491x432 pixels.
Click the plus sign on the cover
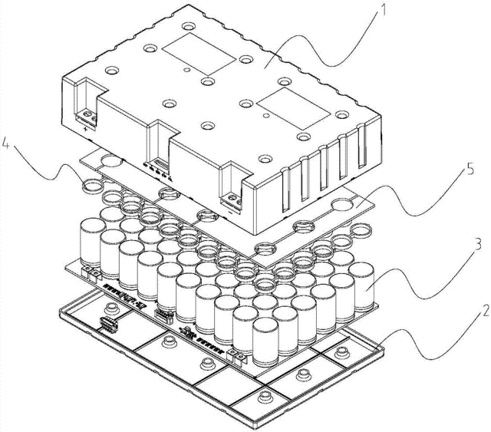pos(85,130)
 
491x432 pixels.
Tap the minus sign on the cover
pos(230,212)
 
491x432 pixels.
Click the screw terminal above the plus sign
pos(90,117)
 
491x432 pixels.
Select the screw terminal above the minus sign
pos(236,198)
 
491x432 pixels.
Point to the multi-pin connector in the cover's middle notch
pos(159,165)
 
